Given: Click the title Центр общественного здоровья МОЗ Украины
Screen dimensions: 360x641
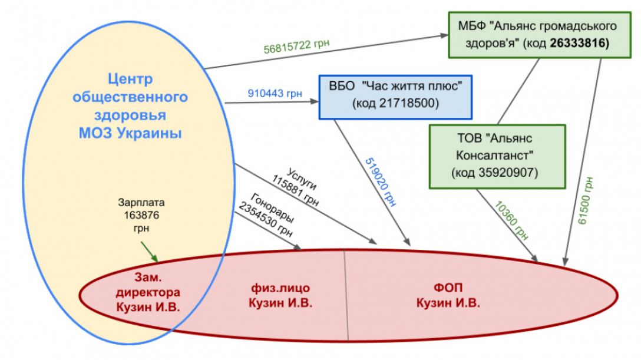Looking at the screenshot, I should pyautogui.click(x=130, y=106).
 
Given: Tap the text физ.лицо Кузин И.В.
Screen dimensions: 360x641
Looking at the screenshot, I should pyautogui.click(x=280, y=295).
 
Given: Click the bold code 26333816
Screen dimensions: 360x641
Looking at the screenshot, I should pyautogui.click(x=579, y=44).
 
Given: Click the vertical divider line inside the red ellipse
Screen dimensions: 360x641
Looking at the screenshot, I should pyautogui.click(x=346, y=295).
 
